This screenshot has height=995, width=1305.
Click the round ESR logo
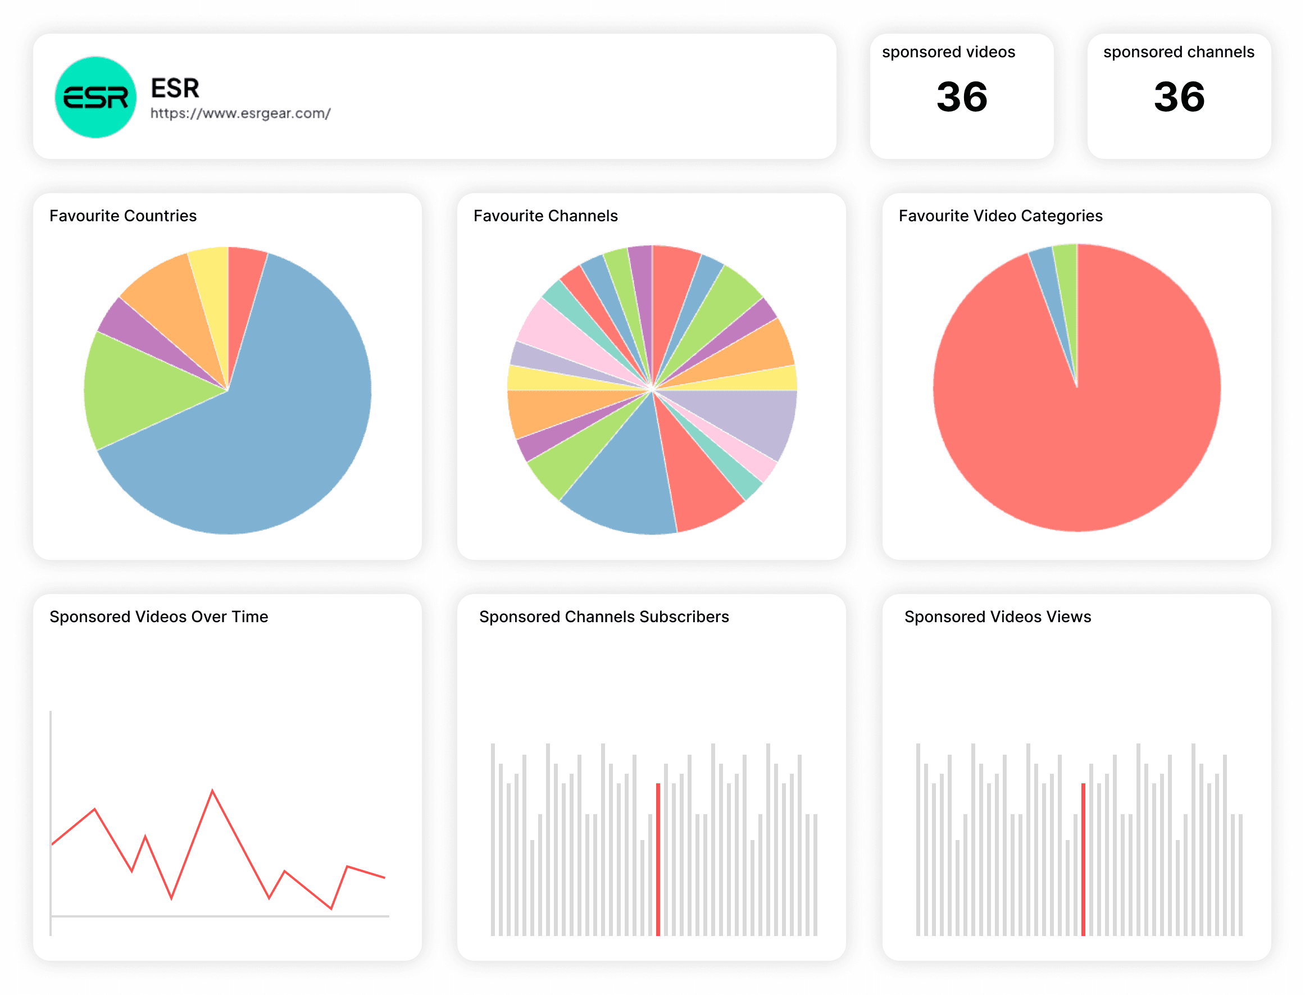(96, 97)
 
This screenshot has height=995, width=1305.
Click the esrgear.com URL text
(240, 113)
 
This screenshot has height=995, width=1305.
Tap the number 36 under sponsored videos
(961, 97)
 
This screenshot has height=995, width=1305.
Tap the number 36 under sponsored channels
(1179, 97)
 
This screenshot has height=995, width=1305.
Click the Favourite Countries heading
(122, 216)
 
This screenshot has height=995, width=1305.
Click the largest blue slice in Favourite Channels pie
(622, 486)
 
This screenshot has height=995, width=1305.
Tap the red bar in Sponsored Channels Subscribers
(657, 859)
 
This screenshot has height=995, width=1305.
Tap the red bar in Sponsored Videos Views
(1083, 859)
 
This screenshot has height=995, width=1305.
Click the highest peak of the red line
(212, 791)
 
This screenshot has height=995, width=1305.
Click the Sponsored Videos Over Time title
(158, 617)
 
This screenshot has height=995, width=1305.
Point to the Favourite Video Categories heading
(1000, 216)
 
